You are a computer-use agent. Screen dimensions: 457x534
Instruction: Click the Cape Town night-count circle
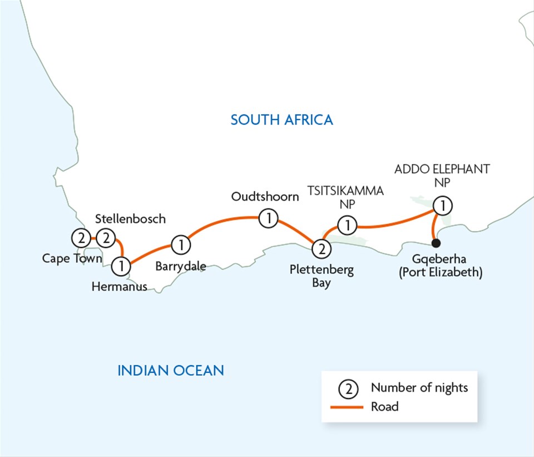click(81, 239)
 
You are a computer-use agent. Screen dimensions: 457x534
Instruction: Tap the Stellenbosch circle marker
click(106, 239)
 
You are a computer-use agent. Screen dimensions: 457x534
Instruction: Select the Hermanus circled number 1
click(121, 266)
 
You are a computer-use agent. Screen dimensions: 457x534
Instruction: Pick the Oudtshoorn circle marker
click(269, 218)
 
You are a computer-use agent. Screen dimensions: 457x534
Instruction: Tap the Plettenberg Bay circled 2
click(321, 248)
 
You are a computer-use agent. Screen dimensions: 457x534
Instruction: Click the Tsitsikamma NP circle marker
click(348, 225)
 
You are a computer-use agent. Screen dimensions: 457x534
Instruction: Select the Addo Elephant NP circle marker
click(443, 206)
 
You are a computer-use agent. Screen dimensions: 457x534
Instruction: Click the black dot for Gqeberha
click(436, 243)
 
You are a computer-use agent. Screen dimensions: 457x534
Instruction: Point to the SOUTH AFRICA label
click(282, 119)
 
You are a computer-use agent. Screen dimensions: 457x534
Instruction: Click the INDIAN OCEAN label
click(170, 370)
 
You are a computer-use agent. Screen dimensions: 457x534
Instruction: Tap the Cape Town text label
click(72, 258)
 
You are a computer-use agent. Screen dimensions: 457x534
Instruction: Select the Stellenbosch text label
click(130, 219)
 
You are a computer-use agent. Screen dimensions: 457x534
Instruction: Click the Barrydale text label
click(180, 266)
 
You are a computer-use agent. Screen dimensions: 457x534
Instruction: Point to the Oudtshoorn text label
click(265, 196)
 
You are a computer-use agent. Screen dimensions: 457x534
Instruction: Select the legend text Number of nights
click(419, 388)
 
